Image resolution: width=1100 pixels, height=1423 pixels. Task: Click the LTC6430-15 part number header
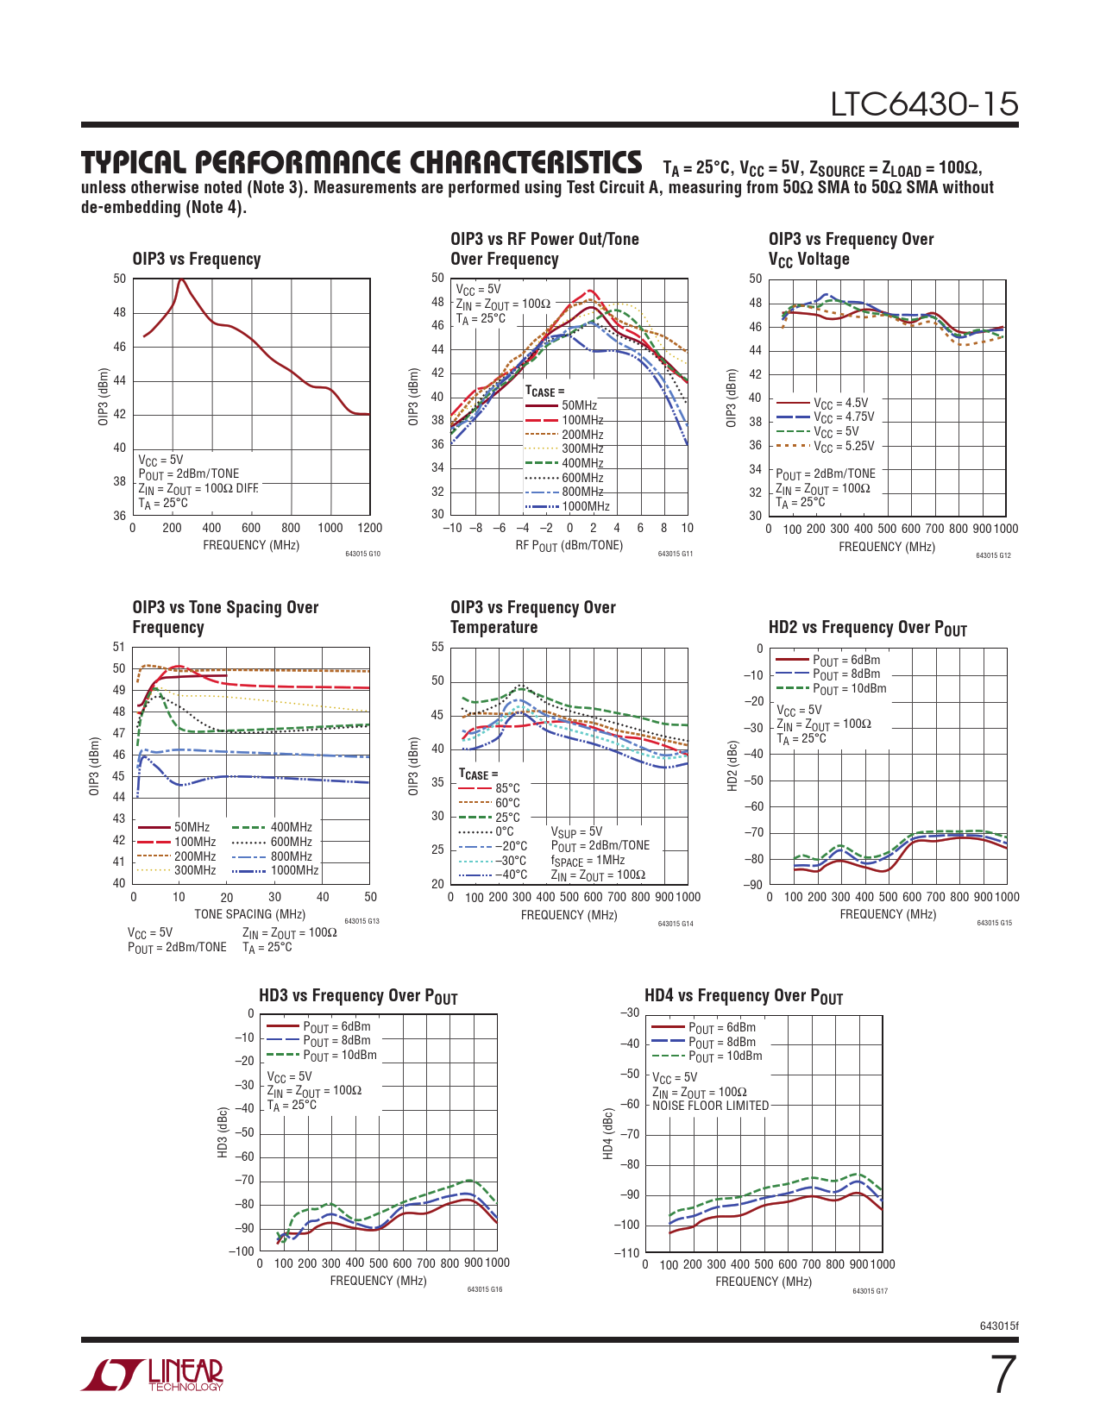(x=924, y=104)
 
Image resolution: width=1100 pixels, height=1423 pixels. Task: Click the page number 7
(x=1003, y=1375)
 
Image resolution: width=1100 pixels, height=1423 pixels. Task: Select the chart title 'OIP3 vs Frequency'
(x=197, y=260)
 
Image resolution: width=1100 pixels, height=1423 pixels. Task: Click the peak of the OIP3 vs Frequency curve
(x=180, y=279)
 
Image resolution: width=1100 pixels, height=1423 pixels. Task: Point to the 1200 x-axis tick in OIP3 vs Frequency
(x=369, y=528)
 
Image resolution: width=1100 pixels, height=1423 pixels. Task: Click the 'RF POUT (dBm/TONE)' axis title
(x=569, y=546)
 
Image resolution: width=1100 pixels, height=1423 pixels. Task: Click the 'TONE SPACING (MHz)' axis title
(x=249, y=914)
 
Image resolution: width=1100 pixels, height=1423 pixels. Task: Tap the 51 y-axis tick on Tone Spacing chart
(x=119, y=647)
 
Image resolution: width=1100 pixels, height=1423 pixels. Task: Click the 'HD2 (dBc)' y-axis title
(x=732, y=766)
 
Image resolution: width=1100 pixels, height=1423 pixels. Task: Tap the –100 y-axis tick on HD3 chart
(x=244, y=1251)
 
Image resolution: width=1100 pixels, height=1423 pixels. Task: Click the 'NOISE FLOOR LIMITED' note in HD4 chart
(x=710, y=1106)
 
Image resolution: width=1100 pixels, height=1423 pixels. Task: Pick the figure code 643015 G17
(x=870, y=1291)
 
